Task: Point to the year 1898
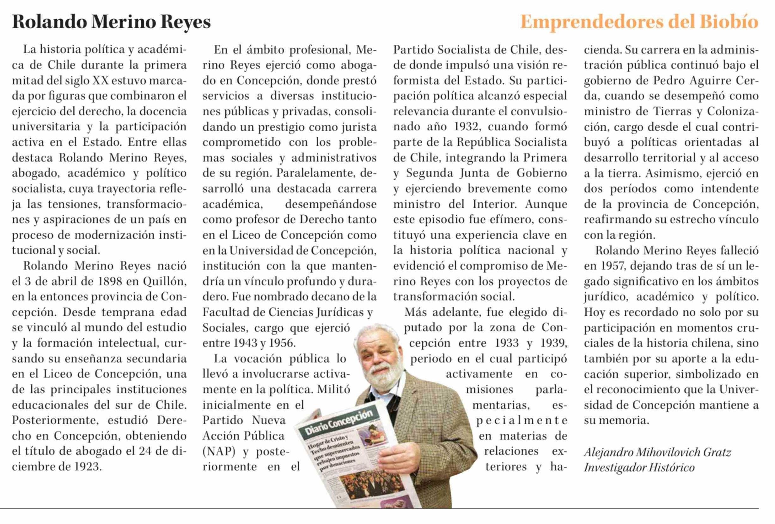(x=110, y=282)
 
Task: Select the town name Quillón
(x=165, y=282)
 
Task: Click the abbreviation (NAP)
(x=219, y=451)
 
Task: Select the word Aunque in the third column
(x=546, y=204)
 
